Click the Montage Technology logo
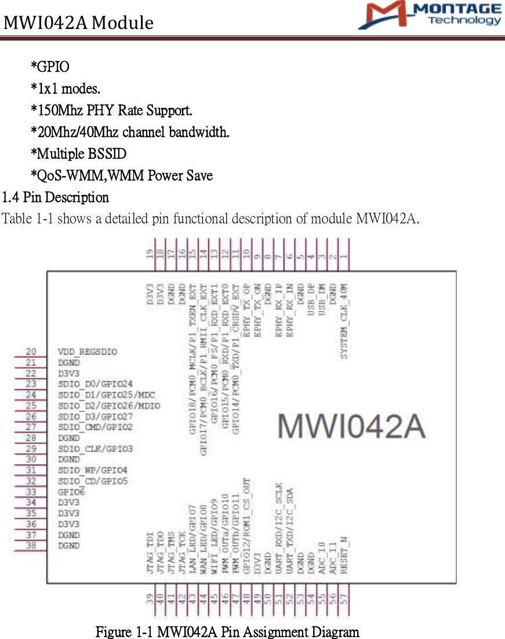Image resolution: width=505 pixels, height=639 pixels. [430, 16]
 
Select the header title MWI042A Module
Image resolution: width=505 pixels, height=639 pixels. [78, 23]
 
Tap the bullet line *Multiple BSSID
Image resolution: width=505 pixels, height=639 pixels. [78, 154]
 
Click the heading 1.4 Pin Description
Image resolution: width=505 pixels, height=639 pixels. [55, 198]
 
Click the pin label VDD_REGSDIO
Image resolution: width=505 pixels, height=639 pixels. [87, 352]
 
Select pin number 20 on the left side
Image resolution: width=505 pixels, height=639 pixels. [31, 352]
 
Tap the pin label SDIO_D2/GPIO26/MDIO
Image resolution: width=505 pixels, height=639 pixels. [109, 406]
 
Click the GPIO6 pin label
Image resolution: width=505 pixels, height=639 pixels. [71, 492]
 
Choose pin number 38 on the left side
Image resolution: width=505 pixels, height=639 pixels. [31, 546]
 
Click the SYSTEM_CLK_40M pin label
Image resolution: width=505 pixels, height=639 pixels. [344, 320]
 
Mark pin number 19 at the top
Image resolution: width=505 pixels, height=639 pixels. [150, 254]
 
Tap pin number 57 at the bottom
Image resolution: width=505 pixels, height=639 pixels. [344, 601]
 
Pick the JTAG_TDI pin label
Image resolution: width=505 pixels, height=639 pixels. [150, 555]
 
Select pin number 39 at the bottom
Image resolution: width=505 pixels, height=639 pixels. [150, 601]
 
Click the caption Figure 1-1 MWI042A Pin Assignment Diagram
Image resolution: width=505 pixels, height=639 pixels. [227, 631]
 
